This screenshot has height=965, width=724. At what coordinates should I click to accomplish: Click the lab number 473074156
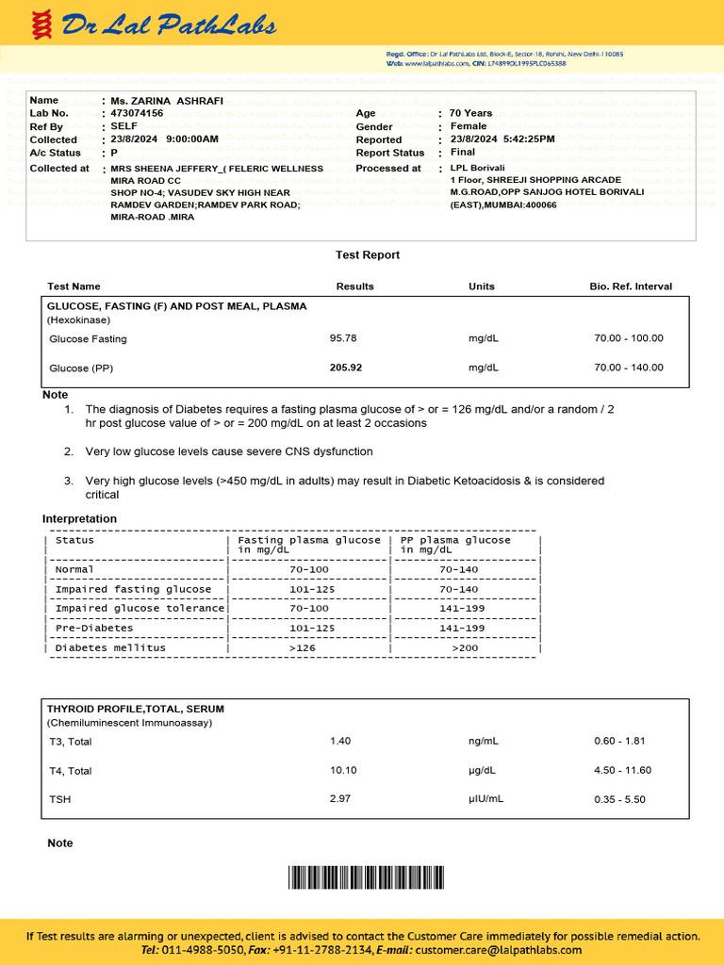(x=137, y=113)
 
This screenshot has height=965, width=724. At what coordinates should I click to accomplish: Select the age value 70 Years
(x=471, y=113)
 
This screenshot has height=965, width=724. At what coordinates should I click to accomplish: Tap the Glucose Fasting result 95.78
(x=343, y=338)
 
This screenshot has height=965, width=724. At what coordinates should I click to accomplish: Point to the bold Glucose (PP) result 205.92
(x=345, y=368)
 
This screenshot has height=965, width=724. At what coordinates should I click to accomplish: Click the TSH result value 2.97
(x=340, y=799)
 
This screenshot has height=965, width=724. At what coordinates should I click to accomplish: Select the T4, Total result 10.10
(x=343, y=770)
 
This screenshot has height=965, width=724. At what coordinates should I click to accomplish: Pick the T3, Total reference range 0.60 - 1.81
(x=619, y=742)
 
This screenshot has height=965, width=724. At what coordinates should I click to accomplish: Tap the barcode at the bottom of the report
(x=366, y=878)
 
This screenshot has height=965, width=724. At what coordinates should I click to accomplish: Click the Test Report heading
(x=368, y=255)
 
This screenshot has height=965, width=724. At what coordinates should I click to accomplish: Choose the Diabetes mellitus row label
(x=110, y=648)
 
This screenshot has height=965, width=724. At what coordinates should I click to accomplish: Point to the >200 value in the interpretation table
(x=466, y=648)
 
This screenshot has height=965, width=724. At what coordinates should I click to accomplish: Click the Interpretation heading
(x=79, y=519)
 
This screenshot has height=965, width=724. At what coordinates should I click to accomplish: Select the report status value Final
(x=463, y=153)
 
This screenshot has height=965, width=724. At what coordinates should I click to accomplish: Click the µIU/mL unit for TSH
(x=485, y=799)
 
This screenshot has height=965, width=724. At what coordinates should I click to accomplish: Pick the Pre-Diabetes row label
(x=94, y=628)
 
